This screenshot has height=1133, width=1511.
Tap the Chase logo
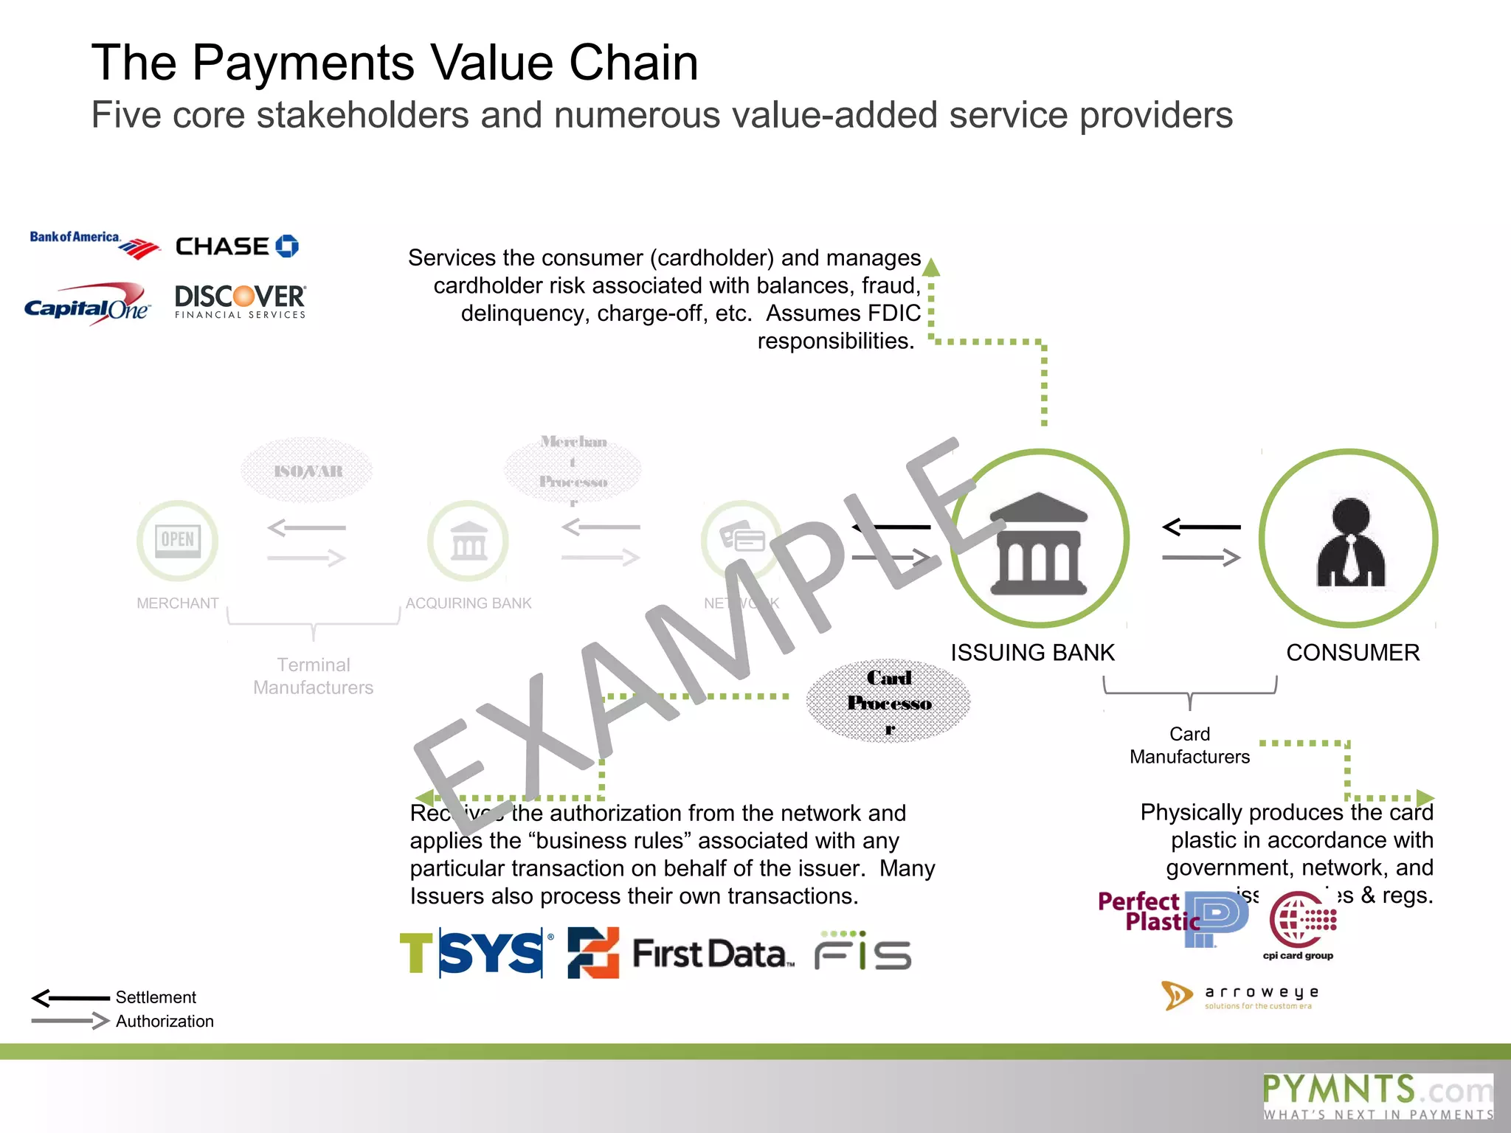click(x=236, y=246)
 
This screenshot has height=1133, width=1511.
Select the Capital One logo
click(x=87, y=305)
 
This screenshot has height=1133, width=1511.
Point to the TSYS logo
click(x=475, y=953)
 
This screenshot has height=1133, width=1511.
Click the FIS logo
click(x=862, y=952)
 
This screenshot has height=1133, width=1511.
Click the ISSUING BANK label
click(x=1032, y=652)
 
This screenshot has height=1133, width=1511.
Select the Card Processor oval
click(x=888, y=701)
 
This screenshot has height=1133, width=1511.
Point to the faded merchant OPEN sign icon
click(x=178, y=541)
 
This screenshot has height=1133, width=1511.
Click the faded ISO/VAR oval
click(x=308, y=471)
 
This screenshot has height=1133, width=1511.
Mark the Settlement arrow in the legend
click(x=71, y=998)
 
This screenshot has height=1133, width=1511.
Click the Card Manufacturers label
click(x=1189, y=745)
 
